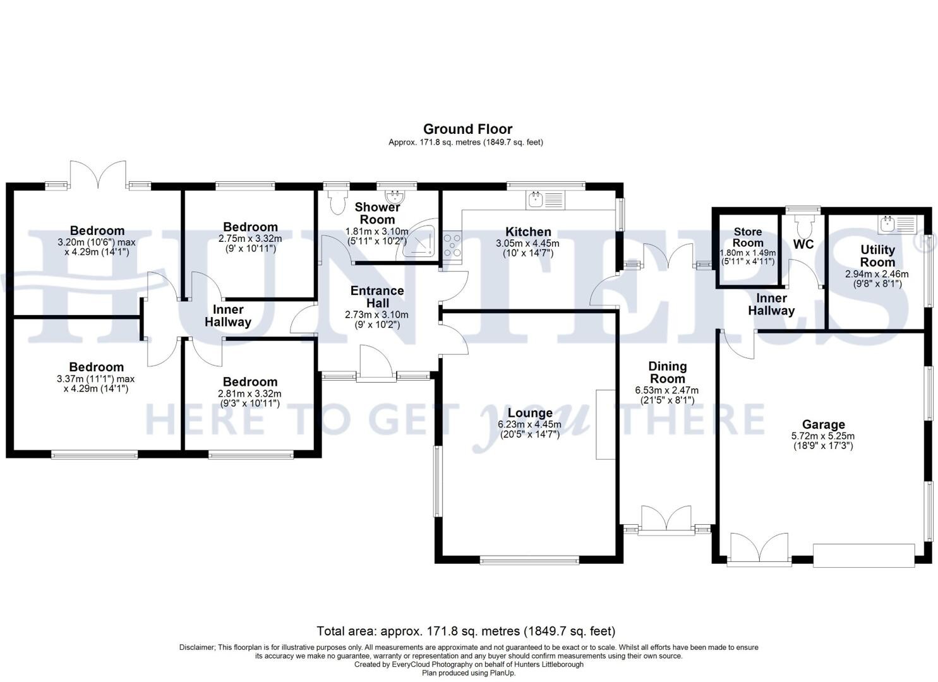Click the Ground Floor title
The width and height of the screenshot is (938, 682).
tap(468, 129)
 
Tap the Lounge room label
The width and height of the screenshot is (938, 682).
tap(530, 413)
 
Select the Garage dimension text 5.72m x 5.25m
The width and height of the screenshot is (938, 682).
tap(823, 436)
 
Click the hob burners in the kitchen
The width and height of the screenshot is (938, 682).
tap(452, 245)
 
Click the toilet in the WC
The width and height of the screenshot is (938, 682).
tap(803, 226)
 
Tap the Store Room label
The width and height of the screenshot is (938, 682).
tap(748, 237)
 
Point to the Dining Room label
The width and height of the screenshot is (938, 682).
tap(667, 372)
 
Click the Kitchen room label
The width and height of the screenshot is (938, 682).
tap(528, 232)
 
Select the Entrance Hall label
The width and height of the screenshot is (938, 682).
tap(377, 296)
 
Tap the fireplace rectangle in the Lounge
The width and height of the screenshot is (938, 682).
tap(606, 424)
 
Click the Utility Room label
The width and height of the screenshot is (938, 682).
tap(878, 256)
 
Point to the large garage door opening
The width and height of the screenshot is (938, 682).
tap(863, 556)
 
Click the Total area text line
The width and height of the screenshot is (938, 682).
tap(466, 631)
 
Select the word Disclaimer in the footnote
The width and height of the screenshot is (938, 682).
tap(197, 647)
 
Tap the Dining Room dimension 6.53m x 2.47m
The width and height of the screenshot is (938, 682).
tap(666, 390)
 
